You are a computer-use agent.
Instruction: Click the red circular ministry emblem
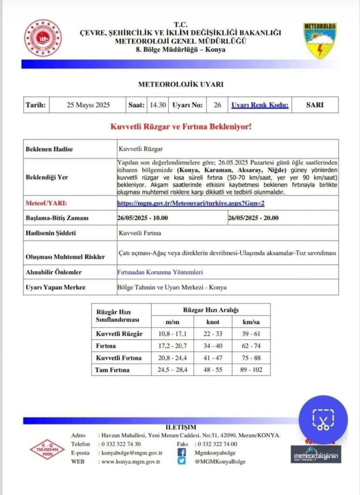coord(43,38)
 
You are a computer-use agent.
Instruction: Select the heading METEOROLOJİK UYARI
coord(181,84)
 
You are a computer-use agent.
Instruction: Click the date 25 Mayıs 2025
coord(88,105)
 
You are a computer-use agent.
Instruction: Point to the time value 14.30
coord(158,105)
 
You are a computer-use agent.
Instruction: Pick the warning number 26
coord(217,105)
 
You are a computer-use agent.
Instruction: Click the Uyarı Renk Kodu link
coord(260,105)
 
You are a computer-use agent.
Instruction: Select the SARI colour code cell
coord(315,105)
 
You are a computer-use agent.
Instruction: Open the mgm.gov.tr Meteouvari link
coord(191,204)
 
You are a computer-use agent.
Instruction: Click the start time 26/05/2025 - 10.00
coord(143,218)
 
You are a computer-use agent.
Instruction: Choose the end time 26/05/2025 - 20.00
coord(253,218)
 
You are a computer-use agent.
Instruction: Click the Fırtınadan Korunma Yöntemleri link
coord(160,272)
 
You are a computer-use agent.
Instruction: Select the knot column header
coord(212,321)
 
